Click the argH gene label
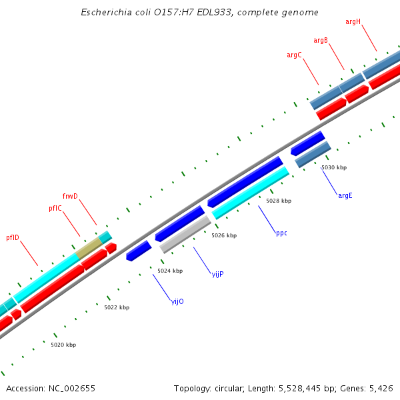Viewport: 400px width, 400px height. [353, 22]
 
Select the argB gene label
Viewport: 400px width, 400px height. [321, 41]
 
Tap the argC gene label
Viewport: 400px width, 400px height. [294, 55]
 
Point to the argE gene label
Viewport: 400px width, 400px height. [345, 195]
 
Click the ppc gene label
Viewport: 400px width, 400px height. [281, 233]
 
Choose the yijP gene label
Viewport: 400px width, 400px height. [217, 274]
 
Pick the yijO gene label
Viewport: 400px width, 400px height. [177, 301]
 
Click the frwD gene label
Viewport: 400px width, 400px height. [70, 196]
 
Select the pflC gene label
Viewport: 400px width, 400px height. [55, 209]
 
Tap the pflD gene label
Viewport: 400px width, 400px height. [13, 237]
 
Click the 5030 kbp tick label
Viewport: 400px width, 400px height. [334, 167]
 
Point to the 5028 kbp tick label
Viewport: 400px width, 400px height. [279, 201]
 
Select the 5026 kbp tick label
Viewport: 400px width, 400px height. [224, 235]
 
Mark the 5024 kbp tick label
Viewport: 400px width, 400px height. [170, 271]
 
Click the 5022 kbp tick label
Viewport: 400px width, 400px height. [117, 307]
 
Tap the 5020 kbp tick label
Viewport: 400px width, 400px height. [63, 345]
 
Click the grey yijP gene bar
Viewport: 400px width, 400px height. [185, 233]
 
